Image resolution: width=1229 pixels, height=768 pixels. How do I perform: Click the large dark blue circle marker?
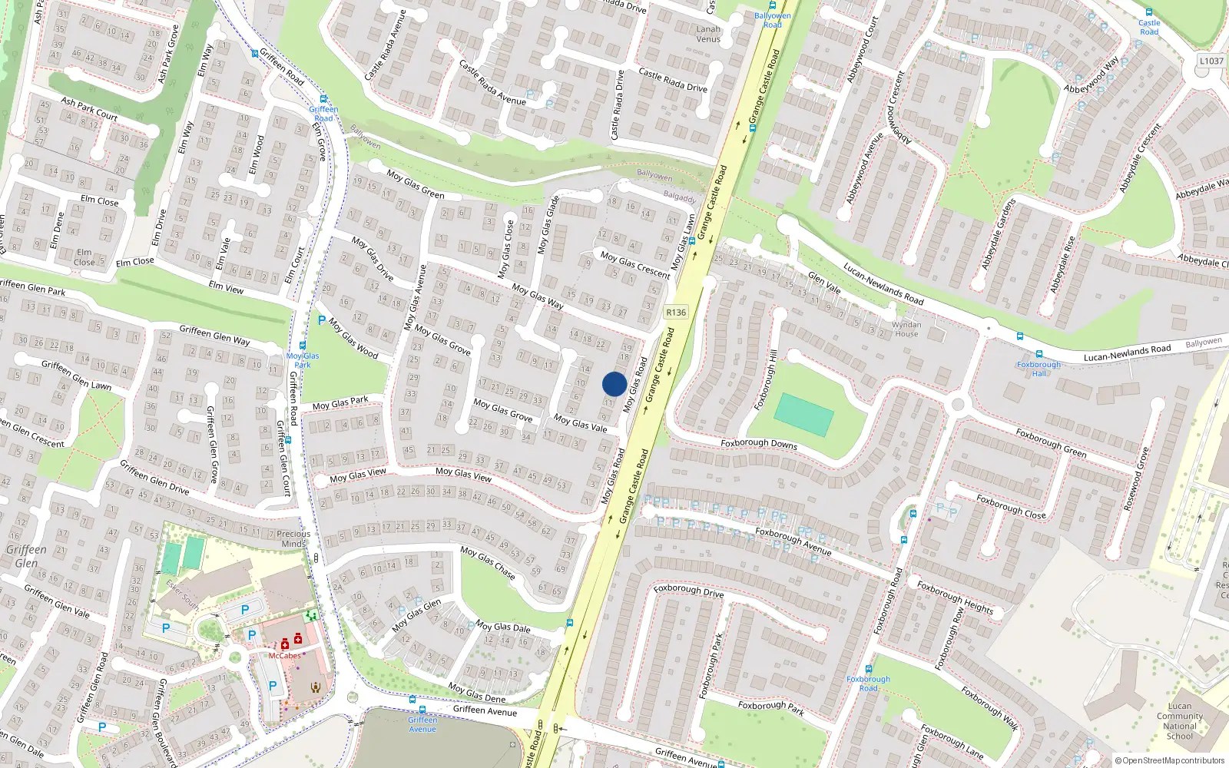pos(614,384)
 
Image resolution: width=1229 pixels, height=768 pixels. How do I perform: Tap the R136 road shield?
pos(676,313)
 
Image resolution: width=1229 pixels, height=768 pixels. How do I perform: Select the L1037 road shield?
pos(1211,61)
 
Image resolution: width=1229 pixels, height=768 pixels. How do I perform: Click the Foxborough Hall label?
pos(1039,369)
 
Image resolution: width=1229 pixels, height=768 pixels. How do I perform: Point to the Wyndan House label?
pos(906,329)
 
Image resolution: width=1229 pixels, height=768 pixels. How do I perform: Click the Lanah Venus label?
pos(708,34)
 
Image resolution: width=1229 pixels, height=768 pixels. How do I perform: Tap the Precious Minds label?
pos(293,538)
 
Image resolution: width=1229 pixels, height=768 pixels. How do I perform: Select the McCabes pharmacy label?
pos(284,656)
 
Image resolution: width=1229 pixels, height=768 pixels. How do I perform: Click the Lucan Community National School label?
pos(1180,721)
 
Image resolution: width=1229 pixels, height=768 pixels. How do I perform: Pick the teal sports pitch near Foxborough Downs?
pos(803,415)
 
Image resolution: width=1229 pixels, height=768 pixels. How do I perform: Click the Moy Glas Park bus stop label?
pos(303,360)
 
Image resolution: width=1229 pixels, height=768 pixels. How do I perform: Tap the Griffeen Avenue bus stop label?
pos(422,724)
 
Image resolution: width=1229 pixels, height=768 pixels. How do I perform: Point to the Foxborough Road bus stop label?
pos(868,684)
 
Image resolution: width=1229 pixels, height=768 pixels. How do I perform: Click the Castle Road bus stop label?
pos(1149,27)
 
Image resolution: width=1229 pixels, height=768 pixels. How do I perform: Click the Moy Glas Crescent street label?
pos(635,264)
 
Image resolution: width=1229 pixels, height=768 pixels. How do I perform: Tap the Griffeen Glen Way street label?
pos(214,336)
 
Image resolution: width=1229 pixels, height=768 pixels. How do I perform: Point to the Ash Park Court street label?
pos(89,109)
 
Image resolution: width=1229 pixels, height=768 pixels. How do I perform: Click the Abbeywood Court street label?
pos(862,50)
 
